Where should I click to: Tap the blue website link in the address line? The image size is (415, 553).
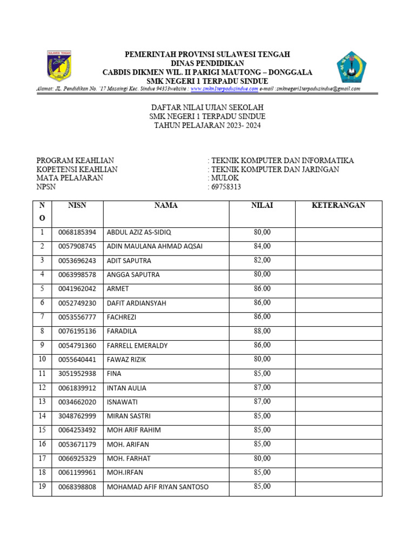(224, 89)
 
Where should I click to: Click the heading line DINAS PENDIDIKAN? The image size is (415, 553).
(207, 63)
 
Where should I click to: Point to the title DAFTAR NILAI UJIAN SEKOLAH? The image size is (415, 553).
(207, 108)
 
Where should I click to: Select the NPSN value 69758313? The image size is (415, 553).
(226, 187)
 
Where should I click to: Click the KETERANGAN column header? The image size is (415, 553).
(338, 205)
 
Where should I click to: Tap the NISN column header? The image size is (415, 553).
(77, 205)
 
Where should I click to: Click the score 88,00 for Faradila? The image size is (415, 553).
(262, 331)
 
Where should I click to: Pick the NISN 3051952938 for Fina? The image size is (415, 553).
(77, 374)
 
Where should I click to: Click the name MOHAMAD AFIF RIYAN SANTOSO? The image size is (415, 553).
(157, 487)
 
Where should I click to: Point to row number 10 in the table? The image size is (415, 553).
(42, 359)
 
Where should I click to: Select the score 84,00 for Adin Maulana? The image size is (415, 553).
(262, 246)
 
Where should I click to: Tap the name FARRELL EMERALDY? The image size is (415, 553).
(137, 346)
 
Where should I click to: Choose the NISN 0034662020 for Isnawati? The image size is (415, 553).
(77, 402)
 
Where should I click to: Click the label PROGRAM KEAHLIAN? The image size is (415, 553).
(75, 160)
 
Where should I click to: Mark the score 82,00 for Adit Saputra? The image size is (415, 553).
(262, 260)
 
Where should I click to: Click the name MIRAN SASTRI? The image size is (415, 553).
(129, 416)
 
